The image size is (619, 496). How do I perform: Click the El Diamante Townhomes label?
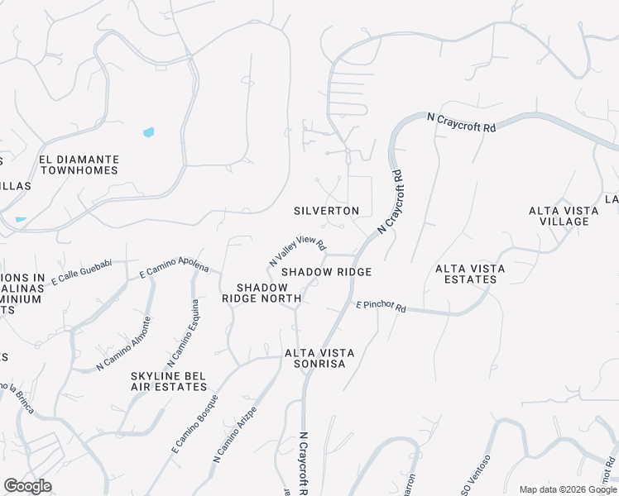coord(79,165)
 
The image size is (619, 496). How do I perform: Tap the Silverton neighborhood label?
coord(326,211)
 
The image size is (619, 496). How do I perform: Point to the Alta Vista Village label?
coord(564,216)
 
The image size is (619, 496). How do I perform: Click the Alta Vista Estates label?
coord(467,274)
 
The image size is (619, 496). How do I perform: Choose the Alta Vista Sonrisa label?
coord(319,359)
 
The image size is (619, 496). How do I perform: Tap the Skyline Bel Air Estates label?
coord(168,381)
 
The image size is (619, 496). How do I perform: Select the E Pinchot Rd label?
coord(381,306)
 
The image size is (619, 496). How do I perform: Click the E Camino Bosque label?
coord(195,423)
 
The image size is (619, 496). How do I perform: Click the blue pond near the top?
coord(148,131)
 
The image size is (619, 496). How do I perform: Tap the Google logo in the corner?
coord(27,486)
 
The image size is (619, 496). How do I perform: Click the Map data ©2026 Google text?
coord(569,489)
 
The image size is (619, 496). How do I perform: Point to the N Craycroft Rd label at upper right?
coord(461,123)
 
